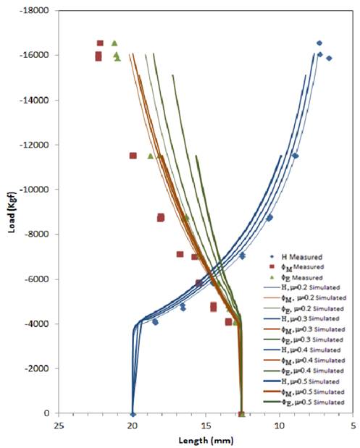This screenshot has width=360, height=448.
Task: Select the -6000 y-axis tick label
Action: coord(36,279)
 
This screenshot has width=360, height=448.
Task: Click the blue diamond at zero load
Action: coord(133,414)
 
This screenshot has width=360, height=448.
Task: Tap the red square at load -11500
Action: coord(133,156)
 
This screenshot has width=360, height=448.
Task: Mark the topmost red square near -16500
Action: coord(100,43)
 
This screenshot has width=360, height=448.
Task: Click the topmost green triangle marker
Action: coord(114,43)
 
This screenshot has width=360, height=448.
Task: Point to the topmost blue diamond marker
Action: coord(319,43)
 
